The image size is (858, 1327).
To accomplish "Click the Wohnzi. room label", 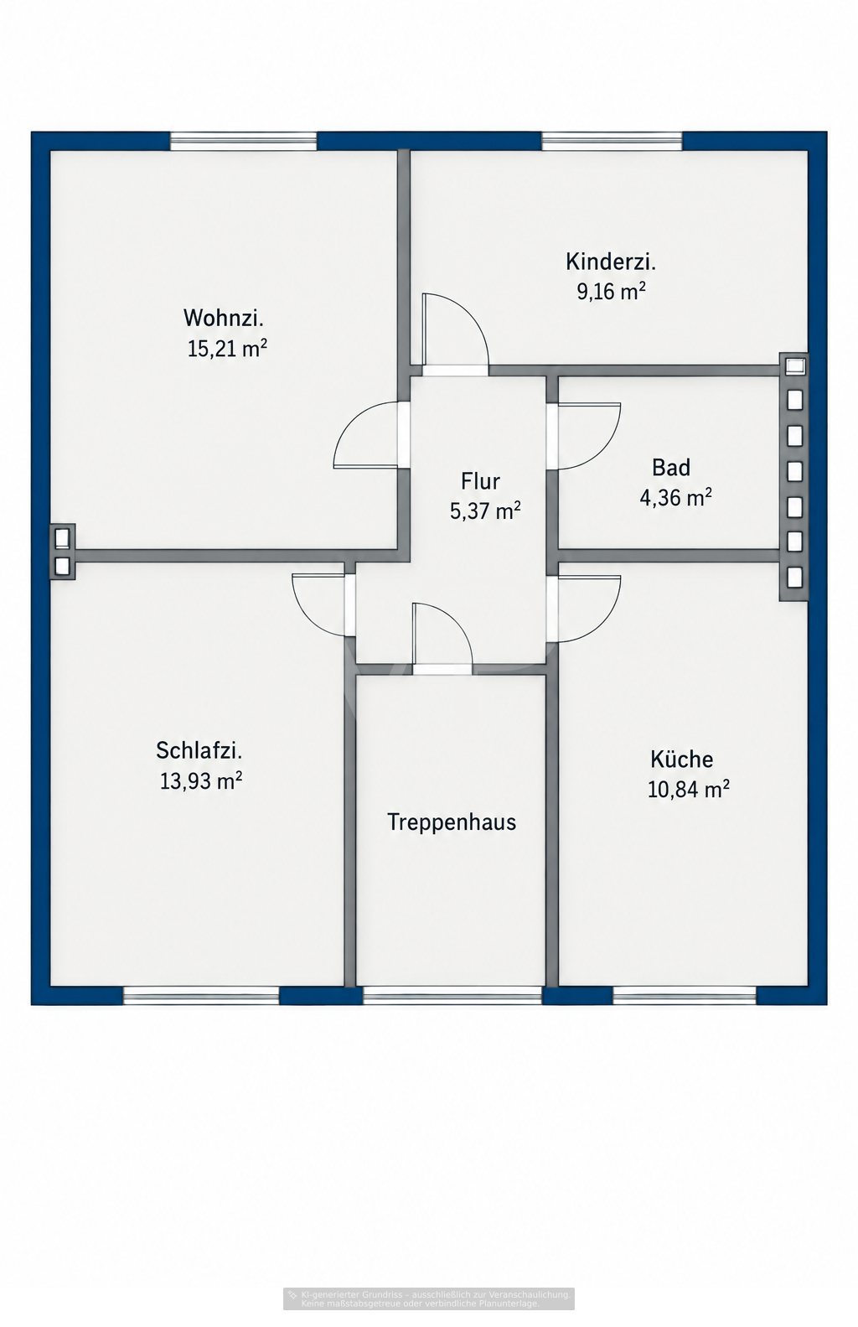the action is (x=223, y=318).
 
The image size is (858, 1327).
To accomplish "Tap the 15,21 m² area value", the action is (x=227, y=348).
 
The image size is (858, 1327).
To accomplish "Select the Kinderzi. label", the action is (x=611, y=262).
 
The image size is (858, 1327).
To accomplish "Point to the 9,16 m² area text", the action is (x=611, y=291).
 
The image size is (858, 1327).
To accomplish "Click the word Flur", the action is (x=480, y=481).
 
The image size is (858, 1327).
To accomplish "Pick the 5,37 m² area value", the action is (x=485, y=510).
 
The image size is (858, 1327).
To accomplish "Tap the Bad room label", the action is (x=671, y=468).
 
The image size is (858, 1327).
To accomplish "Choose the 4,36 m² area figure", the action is (x=675, y=497).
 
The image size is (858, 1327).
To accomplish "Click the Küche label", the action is (x=681, y=759).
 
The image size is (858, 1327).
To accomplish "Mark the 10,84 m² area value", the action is (x=688, y=789).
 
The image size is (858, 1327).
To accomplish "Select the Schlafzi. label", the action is (x=199, y=750).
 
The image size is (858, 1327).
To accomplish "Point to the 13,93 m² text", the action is (x=201, y=780).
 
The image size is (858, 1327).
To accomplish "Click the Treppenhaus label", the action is (x=452, y=822).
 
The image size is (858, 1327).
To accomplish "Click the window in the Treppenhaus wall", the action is (x=452, y=995).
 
